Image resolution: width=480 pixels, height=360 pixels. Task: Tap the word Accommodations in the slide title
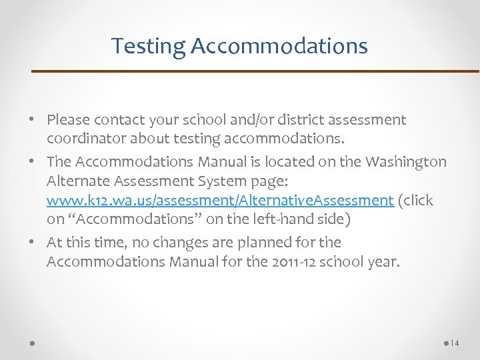[279, 46]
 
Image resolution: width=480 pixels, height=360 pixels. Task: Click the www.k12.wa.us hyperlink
[219, 201]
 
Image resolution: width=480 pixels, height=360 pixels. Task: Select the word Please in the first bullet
[68, 121]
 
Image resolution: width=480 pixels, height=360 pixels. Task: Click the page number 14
[455, 343]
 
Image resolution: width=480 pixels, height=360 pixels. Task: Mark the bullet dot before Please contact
[33, 121]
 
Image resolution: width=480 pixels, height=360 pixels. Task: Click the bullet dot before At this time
[33, 243]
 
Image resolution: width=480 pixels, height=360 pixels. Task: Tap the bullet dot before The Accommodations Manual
[33, 162]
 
